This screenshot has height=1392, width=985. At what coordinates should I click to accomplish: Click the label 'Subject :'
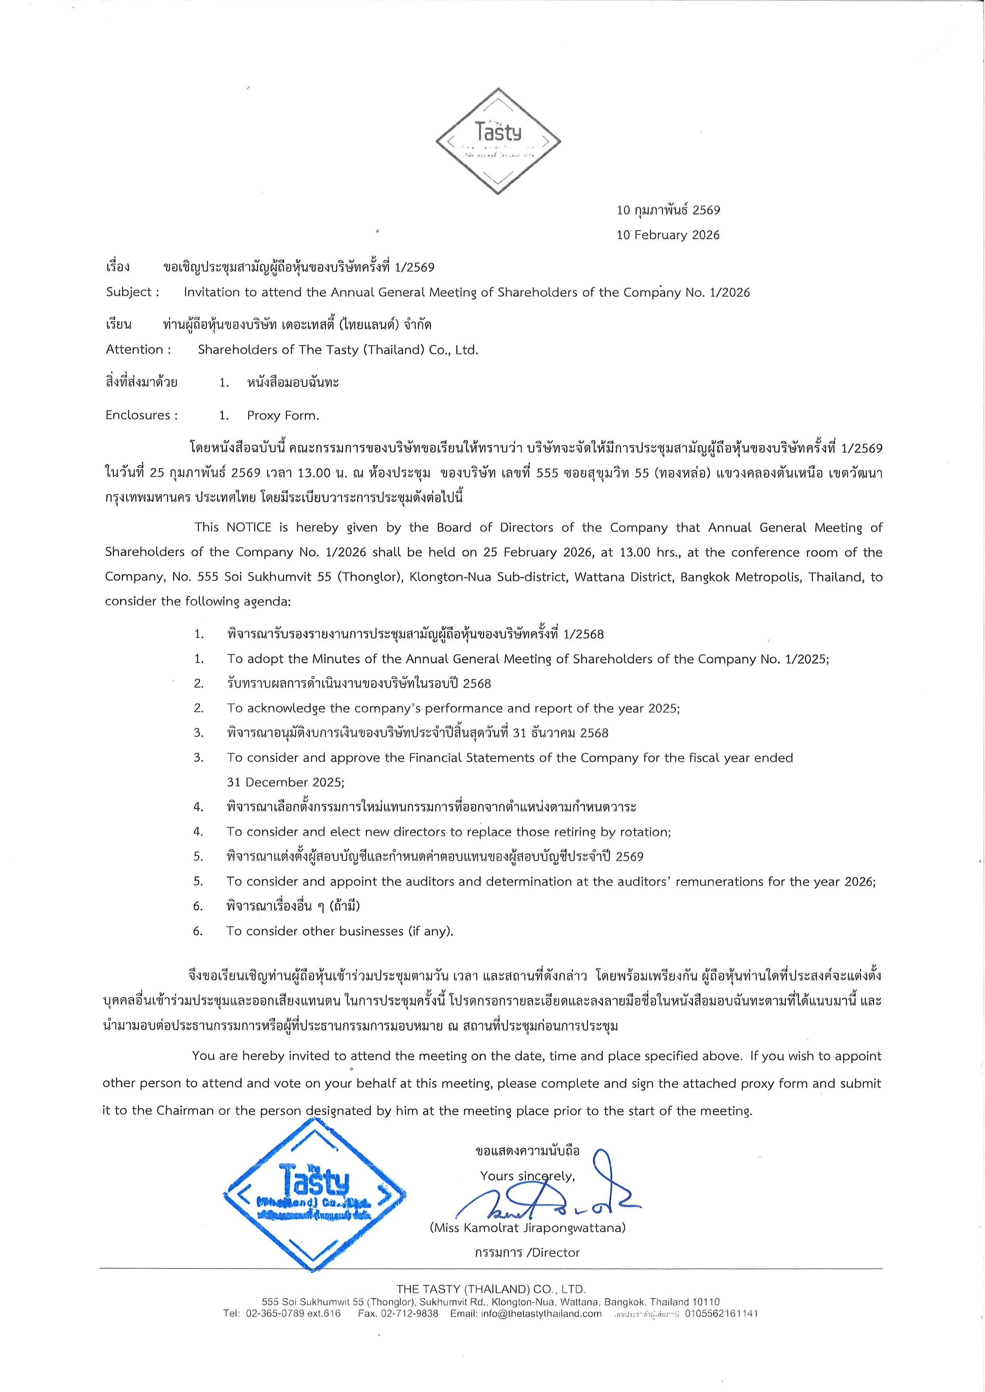tap(133, 292)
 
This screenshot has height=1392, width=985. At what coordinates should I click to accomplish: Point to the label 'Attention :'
tap(138, 350)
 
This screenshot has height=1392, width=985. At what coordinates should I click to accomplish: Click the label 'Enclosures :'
tap(142, 415)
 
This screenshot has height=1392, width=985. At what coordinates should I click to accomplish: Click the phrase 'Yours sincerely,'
tap(527, 1176)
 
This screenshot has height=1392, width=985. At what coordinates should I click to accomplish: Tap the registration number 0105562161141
tap(721, 1314)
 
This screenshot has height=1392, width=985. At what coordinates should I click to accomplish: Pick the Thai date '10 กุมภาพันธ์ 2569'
tap(668, 210)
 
